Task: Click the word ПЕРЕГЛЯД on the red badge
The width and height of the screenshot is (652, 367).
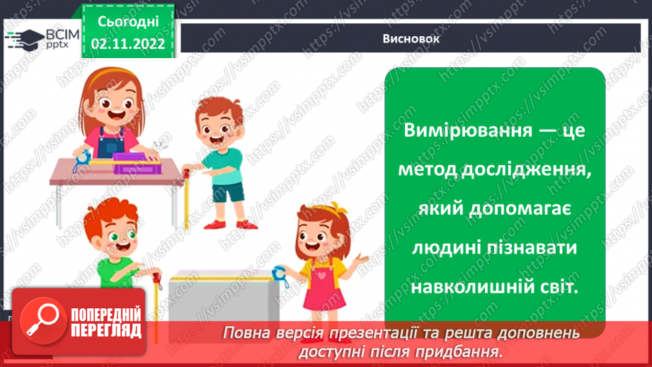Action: [x=106, y=331]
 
